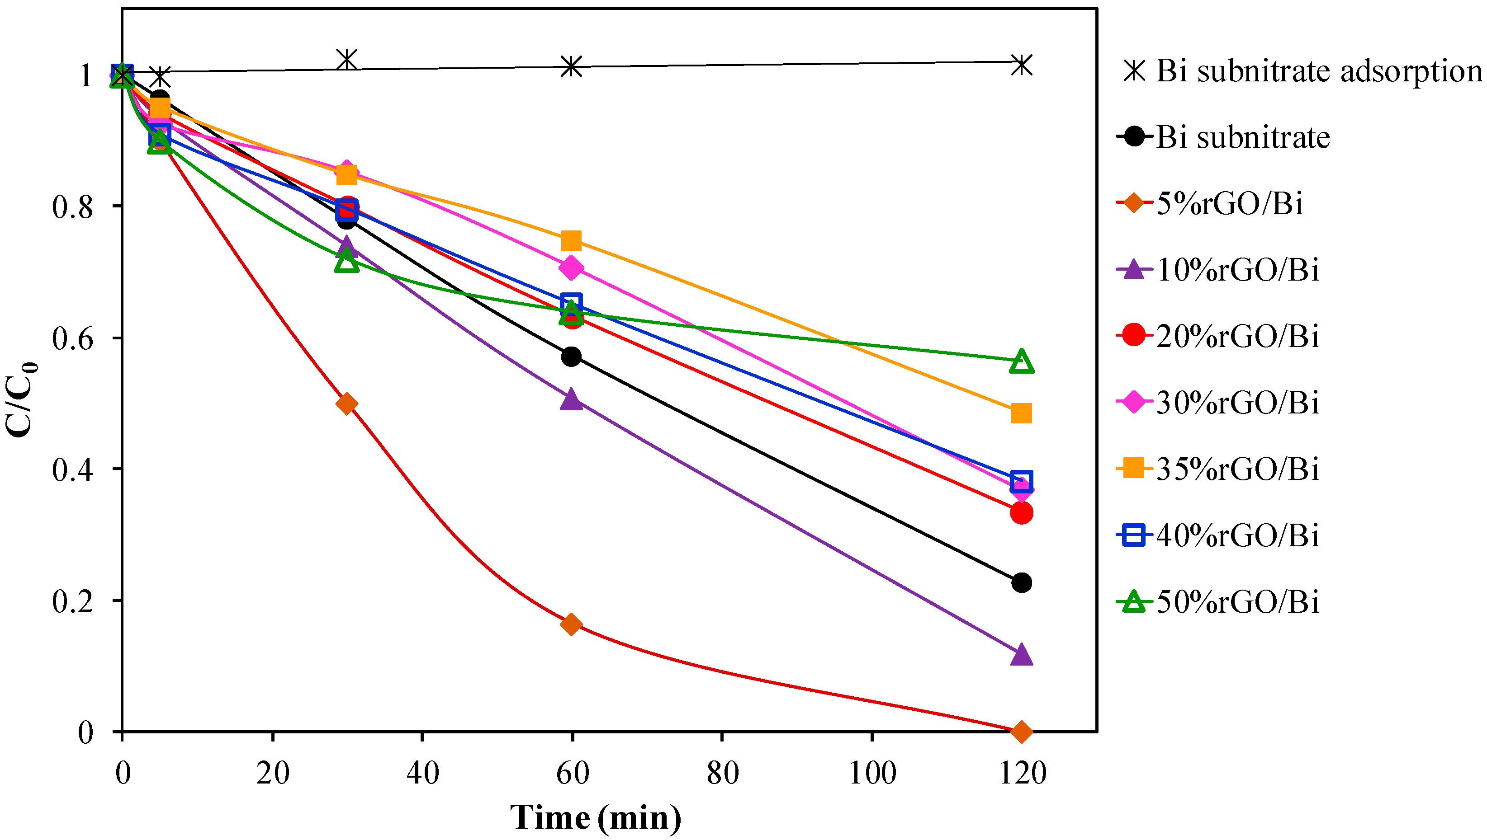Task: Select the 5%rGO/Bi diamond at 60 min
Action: pos(571,624)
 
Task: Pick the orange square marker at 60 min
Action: pos(571,240)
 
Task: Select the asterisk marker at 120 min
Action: pos(1021,65)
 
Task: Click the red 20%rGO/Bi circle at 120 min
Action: pos(1021,512)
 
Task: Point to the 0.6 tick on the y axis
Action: pos(73,338)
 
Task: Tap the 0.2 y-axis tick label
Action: pos(73,601)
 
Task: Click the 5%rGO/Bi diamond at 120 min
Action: pos(1021,732)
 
